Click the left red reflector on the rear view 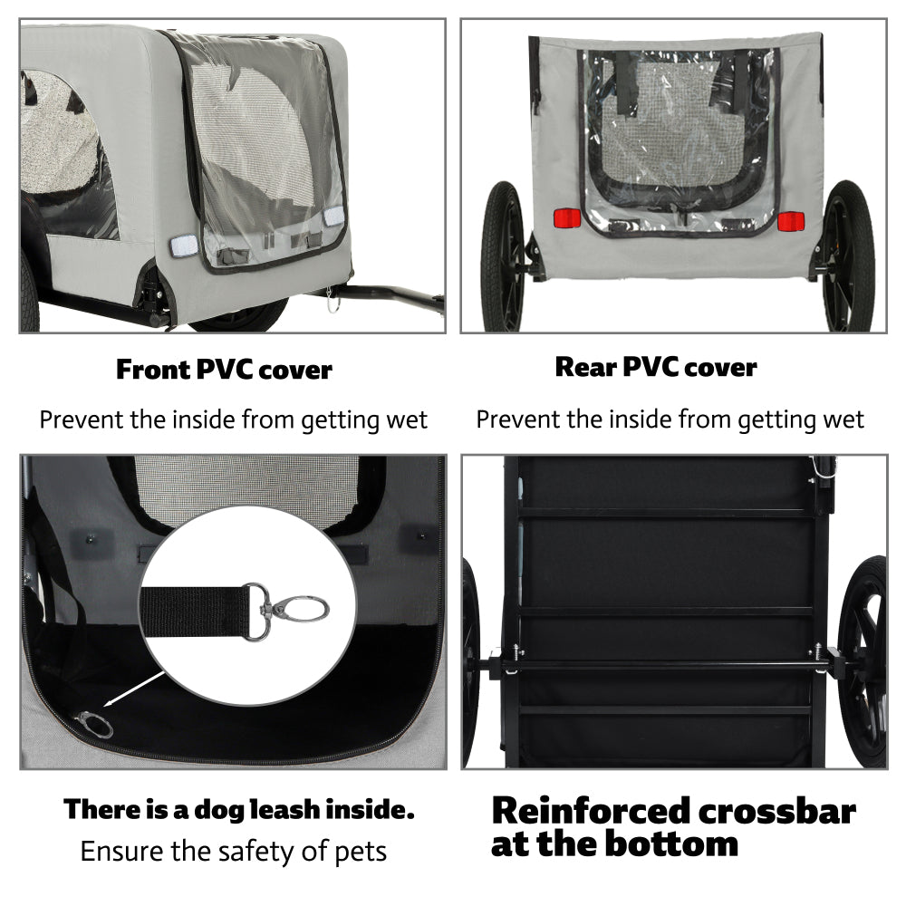point(566,218)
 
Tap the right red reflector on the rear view point(791,221)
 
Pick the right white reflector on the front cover point(333,217)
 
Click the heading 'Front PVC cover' point(224,370)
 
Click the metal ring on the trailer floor point(93,724)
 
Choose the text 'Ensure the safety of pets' point(233,852)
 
